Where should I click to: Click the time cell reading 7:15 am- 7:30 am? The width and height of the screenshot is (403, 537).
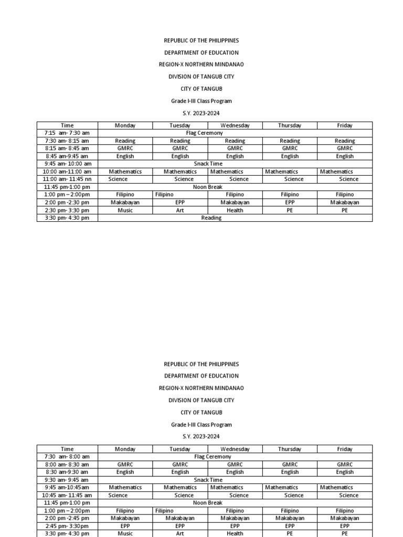click(x=67, y=133)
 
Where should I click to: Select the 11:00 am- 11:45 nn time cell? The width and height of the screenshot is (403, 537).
click(x=67, y=179)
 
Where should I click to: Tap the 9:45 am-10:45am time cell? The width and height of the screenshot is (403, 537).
click(x=67, y=487)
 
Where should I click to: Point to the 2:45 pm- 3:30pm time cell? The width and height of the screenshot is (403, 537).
click(x=67, y=525)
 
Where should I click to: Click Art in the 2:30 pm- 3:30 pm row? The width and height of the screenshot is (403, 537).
click(x=180, y=210)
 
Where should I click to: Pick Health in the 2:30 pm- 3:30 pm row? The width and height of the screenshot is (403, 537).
click(x=235, y=210)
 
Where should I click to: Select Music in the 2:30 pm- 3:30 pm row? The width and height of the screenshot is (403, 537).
click(x=125, y=210)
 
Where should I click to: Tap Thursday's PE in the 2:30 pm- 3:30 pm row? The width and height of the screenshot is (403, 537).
click(x=290, y=210)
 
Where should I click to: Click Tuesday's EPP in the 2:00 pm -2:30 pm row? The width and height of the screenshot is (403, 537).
click(x=180, y=202)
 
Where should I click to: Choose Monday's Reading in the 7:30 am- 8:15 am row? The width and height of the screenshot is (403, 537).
click(x=125, y=141)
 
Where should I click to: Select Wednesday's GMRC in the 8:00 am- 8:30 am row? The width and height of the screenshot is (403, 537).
click(x=235, y=465)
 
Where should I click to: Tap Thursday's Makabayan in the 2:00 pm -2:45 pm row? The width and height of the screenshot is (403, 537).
click(x=290, y=518)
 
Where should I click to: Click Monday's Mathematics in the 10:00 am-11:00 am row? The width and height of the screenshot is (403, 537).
click(x=125, y=171)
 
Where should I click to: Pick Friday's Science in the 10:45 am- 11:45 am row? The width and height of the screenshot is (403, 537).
click(x=348, y=495)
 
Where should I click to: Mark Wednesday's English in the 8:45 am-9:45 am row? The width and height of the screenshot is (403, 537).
click(x=235, y=156)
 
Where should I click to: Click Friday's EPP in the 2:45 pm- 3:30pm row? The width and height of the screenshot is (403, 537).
click(x=345, y=525)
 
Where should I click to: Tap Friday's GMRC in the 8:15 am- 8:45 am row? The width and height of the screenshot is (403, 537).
click(x=345, y=148)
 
